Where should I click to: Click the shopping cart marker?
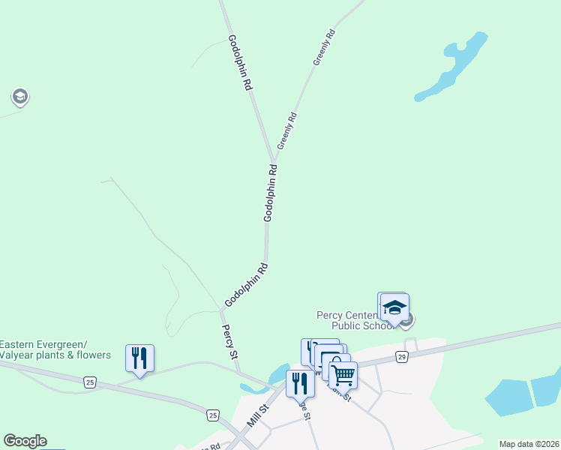point(343,374)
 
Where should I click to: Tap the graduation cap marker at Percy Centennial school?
point(394,307)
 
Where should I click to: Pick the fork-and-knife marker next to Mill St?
point(299,382)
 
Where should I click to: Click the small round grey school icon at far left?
point(19,97)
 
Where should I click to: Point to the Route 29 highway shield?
point(402,358)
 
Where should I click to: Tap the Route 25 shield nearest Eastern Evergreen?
point(90,382)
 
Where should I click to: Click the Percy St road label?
point(229,340)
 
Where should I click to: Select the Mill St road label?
point(258,418)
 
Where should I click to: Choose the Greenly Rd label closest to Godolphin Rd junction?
point(287,129)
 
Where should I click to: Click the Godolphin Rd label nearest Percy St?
point(246,284)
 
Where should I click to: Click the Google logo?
point(25,441)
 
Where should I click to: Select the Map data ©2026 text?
point(529,444)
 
